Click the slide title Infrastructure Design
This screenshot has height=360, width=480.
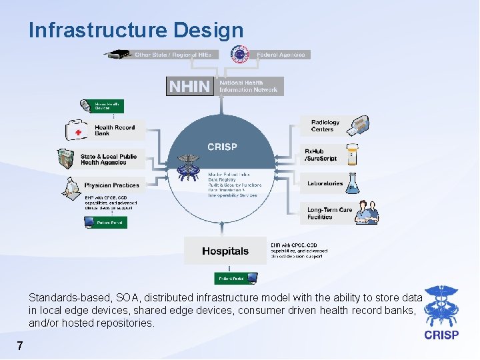point(136,30)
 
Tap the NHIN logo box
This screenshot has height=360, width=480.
point(190,87)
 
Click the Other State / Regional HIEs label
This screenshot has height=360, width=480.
point(173,55)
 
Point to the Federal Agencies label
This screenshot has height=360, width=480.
point(281,55)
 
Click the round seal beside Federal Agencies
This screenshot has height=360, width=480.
point(239,55)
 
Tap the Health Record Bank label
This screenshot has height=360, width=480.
point(114,130)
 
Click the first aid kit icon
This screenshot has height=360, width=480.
point(78,130)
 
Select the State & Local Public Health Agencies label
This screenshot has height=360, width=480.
point(108,159)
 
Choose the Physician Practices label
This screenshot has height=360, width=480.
point(111,185)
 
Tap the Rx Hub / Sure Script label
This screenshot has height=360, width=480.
point(321,155)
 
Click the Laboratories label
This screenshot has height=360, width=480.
point(325,183)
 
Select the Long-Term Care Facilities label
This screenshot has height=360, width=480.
point(329,213)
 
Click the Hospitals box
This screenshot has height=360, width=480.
point(225,251)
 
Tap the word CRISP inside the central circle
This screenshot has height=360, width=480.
point(222,147)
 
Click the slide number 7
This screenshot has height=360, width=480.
point(20,346)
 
